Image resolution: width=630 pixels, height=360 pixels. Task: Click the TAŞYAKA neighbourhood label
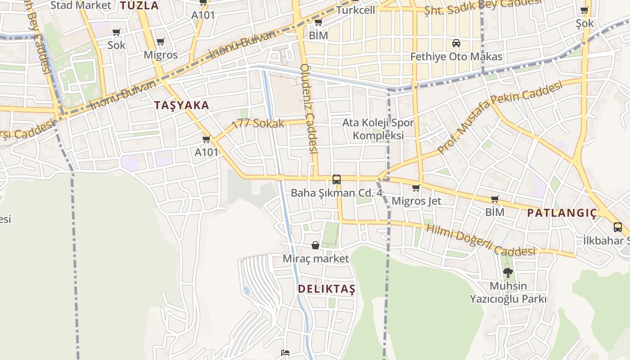click(x=181, y=106)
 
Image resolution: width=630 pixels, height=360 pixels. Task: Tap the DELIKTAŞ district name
click(x=326, y=289)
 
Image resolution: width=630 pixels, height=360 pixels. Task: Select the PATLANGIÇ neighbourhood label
click(x=562, y=213)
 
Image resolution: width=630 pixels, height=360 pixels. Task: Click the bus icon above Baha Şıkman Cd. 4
click(x=336, y=180)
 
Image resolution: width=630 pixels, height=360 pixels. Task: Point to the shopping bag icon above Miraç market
click(x=315, y=245)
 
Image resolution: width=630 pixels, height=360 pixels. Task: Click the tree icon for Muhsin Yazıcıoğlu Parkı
click(x=508, y=272)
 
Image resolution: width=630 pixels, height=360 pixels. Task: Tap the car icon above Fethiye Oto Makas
click(x=456, y=43)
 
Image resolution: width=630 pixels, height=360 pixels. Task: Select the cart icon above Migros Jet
click(x=416, y=188)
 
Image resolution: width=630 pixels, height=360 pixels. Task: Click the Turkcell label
click(x=355, y=10)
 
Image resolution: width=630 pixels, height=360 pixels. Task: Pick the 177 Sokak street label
click(x=258, y=124)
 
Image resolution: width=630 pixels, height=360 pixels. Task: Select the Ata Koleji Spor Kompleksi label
click(x=378, y=129)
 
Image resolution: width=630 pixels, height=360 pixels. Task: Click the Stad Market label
click(x=81, y=5)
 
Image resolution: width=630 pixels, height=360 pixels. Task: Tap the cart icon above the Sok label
click(x=116, y=32)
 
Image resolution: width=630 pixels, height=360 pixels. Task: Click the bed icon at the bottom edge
click(x=285, y=352)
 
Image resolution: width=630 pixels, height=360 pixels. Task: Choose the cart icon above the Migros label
click(x=160, y=42)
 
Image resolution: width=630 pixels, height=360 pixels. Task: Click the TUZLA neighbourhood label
click(x=139, y=5)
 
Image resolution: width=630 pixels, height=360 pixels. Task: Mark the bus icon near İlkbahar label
click(x=617, y=227)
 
